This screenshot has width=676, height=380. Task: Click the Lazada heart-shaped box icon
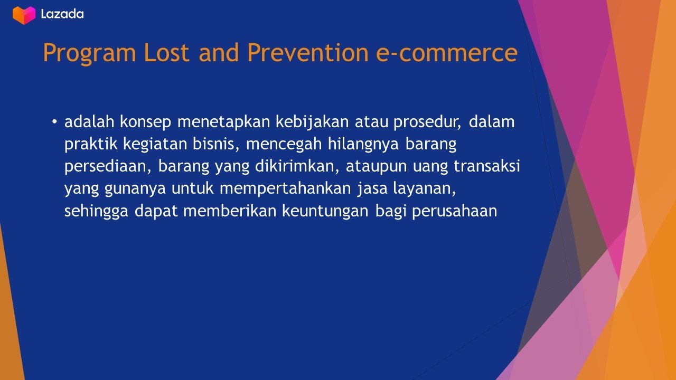tap(24, 15)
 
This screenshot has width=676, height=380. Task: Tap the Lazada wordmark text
tap(62, 14)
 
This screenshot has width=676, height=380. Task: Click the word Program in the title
tap(90, 53)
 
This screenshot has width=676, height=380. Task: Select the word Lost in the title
tap(166, 53)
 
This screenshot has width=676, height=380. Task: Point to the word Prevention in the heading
tap(308, 53)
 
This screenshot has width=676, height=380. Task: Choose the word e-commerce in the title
tap(447, 53)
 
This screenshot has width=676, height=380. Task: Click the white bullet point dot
tap(54, 122)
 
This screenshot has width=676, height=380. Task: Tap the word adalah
tap(89, 122)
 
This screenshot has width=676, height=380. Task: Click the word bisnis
tap(216, 144)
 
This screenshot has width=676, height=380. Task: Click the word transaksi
tap(487, 166)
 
